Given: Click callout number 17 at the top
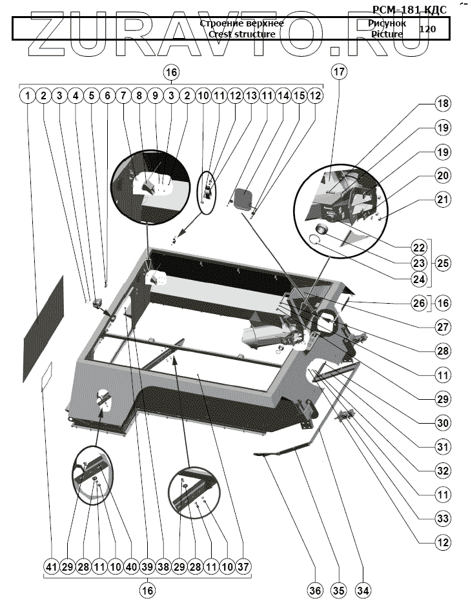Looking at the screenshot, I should pyautogui.click(x=340, y=72).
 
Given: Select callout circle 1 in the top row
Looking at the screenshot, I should pyautogui.click(x=27, y=96).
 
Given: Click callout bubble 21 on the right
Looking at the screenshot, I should pyautogui.click(x=442, y=200).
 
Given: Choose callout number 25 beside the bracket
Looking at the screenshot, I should pyautogui.click(x=442, y=263).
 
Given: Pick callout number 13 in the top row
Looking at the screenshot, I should pyautogui.click(x=250, y=96).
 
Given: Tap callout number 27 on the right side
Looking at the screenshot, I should pyautogui.click(x=442, y=327).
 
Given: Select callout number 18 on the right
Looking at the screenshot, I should pyautogui.click(x=442, y=104).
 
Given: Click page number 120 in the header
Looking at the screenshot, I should pyautogui.click(x=427, y=29).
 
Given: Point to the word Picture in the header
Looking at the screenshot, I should pyautogui.click(x=387, y=34).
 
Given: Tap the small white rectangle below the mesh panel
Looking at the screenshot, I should pyautogui.click(x=46, y=377).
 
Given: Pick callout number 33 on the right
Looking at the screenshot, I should pyautogui.click(x=442, y=518).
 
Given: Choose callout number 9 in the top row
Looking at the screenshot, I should pyautogui.click(x=155, y=96).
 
